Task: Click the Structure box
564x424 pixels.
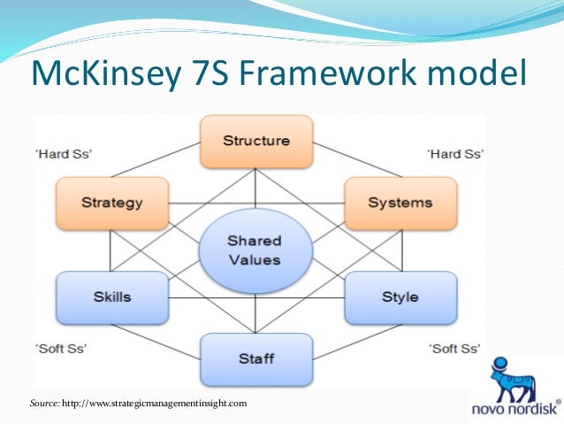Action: pyautogui.click(x=255, y=141)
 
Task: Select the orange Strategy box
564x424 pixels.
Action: pyautogui.click(x=112, y=203)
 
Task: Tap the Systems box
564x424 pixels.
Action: pyautogui.click(x=400, y=203)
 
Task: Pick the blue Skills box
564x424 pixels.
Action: pyautogui.click(x=112, y=297)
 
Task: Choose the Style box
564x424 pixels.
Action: pyautogui.click(x=400, y=297)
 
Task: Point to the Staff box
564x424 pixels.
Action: pyautogui.click(x=255, y=358)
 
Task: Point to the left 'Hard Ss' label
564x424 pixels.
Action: pyautogui.click(x=64, y=153)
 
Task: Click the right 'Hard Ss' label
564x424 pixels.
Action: pyautogui.click(x=455, y=153)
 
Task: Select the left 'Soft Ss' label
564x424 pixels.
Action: pyautogui.click(x=61, y=348)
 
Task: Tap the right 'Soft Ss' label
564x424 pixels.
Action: pyautogui.click(x=454, y=348)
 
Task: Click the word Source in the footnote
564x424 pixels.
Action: pyautogui.click(x=44, y=404)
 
